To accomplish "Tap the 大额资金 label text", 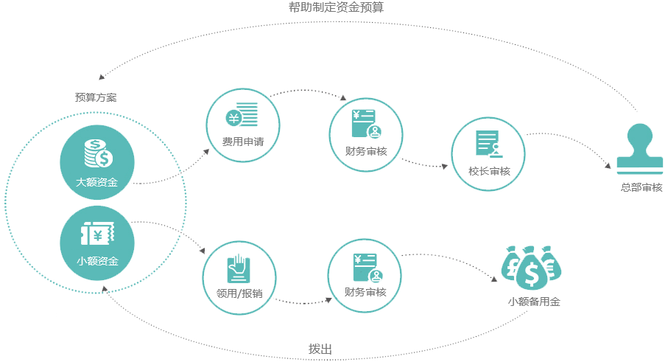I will pyautogui.click(x=96, y=181).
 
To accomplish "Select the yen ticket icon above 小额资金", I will pyautogui.click(x=96, y=234).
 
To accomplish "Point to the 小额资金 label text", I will pyautogui.click(x=96, y=261).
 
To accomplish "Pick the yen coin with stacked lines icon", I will pyautogui.click(x=242, y=117).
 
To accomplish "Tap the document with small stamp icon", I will pyautogui.click(x=488, y=145).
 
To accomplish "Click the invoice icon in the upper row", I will pyautogui.click(x=366, y=125).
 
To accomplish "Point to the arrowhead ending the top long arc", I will pyautogui.click(x=101, y=77).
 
